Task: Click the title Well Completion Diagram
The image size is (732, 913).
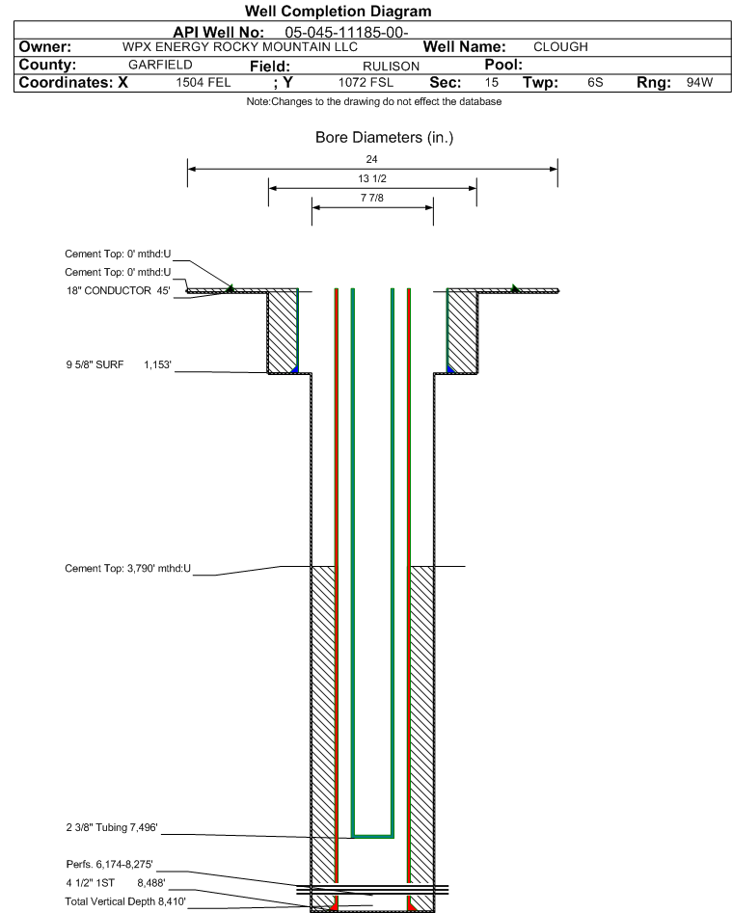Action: tap(338, 11)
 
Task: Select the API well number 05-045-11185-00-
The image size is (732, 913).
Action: tap(346, 33)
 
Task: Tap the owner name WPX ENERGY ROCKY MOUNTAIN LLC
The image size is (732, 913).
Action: tap(240, 47)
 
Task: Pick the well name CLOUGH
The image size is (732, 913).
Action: tap(560, 47)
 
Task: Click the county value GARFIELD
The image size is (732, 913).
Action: tap(160, 65)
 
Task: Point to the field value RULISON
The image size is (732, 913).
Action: tap(391, 67)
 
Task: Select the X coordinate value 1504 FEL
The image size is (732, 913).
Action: tap(203, 83)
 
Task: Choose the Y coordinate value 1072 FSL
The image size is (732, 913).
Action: tap(366, 83)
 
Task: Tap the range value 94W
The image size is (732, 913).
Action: tap(699, 82)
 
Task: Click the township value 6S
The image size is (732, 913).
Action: tap(595, 83)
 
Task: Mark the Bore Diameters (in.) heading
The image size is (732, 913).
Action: tap(385, 138)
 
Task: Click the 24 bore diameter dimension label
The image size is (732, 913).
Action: tap(371, 159)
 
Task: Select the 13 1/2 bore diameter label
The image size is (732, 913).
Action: tap(372, 178)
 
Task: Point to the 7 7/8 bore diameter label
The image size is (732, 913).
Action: tap(372, 198)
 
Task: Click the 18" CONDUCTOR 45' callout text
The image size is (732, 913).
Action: tap(119, 290)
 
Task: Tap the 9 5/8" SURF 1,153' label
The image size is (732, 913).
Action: tap(119, 365)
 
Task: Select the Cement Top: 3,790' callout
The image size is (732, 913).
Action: tap(127, 568)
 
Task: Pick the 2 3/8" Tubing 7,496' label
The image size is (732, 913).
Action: tap(112, 827)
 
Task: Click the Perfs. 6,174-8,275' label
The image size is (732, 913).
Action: tap(110, 864)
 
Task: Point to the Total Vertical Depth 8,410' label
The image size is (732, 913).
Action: tap(125, 901)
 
